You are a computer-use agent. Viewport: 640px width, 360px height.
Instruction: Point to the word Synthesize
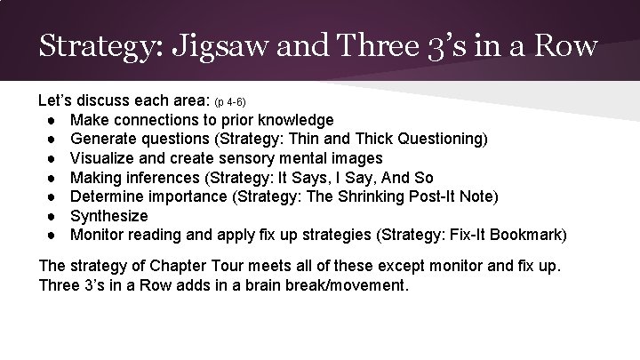click(x=109, y=216)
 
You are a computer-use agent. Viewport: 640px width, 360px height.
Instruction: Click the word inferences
click(x=164, y=178)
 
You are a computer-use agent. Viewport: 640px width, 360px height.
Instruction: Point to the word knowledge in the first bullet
click(x=293, y=119)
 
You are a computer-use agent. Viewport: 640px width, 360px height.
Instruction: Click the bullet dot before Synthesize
click(x=55, y=216)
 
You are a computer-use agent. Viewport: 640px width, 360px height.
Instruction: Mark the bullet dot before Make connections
click(x=55, y=119)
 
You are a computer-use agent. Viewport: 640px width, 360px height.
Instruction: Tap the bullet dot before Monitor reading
click(x=55, y=236)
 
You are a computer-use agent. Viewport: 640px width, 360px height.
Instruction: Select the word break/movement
click(x=351, y=287)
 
